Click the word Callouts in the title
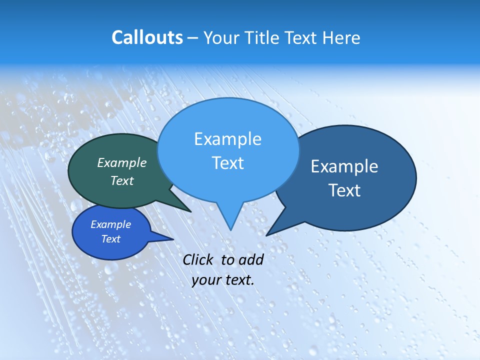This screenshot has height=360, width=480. click(x=147, y=37)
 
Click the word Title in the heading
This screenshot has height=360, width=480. click(x=262, y=37)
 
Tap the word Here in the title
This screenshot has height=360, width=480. click(x=342, y=37)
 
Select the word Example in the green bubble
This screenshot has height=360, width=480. click(x=122, y=162)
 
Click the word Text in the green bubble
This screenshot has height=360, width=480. click(x=122, y=180)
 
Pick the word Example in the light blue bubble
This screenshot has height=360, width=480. click(x=227, y=139)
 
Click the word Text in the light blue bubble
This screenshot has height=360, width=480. click(x=227, y=163)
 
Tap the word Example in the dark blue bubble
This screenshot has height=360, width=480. click(x=344, y=166)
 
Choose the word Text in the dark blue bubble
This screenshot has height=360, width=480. click(x=344, y=190)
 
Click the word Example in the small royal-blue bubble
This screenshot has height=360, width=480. click(x=111, y=224)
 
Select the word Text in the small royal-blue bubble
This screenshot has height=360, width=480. click(x=111, y=239)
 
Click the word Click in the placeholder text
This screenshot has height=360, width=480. click(x=199, y=259)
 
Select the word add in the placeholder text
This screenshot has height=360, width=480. click(x=251, y=259)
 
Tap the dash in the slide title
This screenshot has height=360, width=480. click(x=193, y=38)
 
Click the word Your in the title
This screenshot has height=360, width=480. click(x=220, y=37)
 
